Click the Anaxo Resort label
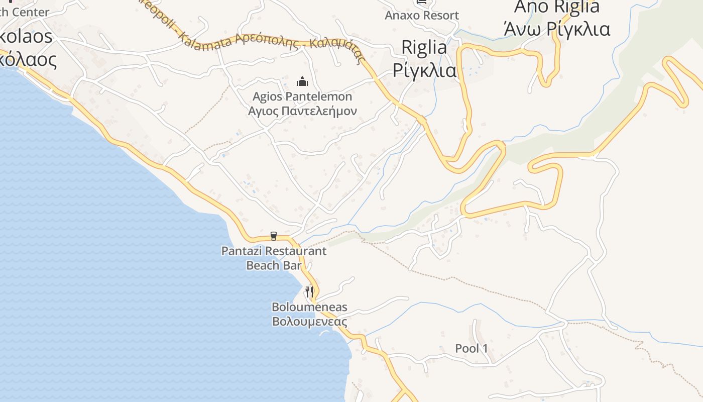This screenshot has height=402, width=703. pos(422,16)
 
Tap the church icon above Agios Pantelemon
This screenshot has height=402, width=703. pos(302,81)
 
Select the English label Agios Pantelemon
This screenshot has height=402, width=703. pos(302,96)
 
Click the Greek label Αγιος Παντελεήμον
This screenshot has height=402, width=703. pos(302,111)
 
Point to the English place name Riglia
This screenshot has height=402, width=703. pos(424,47)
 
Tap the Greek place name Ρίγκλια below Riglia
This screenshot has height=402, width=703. pos(424,70)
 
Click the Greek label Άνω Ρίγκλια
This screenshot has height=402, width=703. pos(557,29)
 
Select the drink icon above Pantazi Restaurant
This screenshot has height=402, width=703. pos(274,236)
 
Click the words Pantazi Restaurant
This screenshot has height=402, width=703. pos(274,251)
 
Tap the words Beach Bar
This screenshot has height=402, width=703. pos(274,265)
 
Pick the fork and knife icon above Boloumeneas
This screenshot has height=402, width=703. pos(309,291)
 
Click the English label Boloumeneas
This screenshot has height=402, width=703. pos(309,307)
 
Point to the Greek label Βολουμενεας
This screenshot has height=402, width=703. pos(309,321)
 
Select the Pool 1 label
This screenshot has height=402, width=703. pos(472,348)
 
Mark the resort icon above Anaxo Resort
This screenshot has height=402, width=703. pos(422,2)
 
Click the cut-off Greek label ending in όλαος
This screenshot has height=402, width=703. pos(28,59)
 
